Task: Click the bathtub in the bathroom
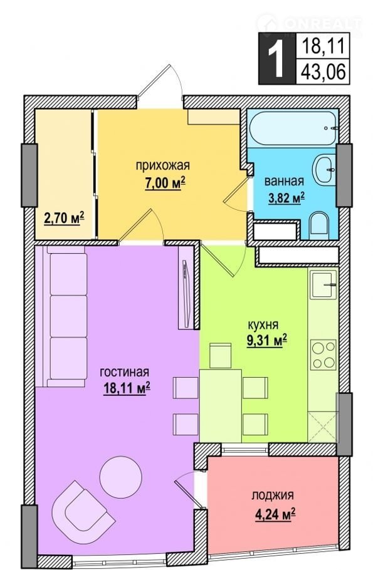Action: tap(293, 128)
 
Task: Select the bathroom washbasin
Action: tap(324, 169)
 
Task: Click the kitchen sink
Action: tap(323, 284)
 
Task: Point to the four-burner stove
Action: tap(323, 355)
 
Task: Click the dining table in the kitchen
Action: tap(221, 406)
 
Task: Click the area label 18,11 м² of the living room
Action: tap(127, 388)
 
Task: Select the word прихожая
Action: tap(162, 166)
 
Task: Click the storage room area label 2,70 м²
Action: tap(64, 219)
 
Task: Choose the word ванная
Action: tap(284, 181)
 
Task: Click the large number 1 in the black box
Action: tap(277, 58)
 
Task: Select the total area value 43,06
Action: tap(323, 71)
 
